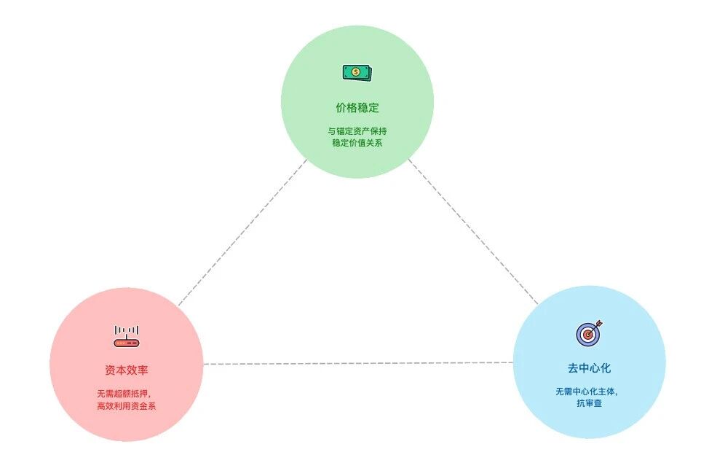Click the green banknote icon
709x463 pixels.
(357, 72)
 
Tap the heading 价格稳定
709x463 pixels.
(357, 108)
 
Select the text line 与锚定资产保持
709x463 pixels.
(357, 131)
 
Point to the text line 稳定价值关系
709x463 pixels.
(357, 143)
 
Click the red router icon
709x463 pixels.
(127, 336)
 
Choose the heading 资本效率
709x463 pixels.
(127, 370)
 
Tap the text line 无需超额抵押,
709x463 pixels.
(124, 394)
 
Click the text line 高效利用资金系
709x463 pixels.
(127, 406)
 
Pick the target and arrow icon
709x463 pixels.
(589, 333)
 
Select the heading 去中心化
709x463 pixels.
(589, 368)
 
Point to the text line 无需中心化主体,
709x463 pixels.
(587, 392)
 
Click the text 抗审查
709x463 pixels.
(589, 403)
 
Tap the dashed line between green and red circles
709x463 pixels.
(242, 233)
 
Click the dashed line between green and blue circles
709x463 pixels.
(473, 232)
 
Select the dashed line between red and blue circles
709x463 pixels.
(358, 363)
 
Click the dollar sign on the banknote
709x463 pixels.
(356, 72)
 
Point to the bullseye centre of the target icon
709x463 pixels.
(588, 335)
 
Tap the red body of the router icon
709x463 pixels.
(127, 343)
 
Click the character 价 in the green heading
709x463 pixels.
(341, 108)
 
